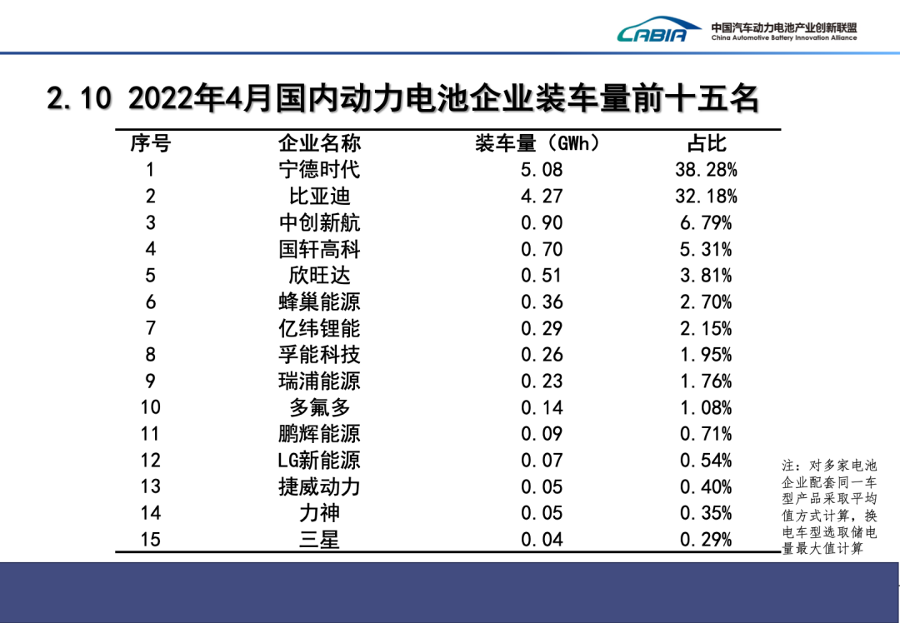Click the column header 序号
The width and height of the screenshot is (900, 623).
tap(150, 143)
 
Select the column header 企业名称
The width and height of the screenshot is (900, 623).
tap(319, 143)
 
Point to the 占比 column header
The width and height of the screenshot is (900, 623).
tap(706, 143)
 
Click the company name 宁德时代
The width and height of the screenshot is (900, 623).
tap(319, 170)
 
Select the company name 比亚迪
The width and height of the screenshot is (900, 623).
tap(319, 197)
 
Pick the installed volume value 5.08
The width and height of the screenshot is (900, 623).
tap(542, 170)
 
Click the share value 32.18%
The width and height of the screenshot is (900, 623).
tap(706, 197)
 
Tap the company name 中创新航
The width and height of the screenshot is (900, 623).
tap(319, 223)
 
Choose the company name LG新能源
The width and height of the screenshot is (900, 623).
tap(319, 461)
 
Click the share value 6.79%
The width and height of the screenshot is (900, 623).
tap(706, 223)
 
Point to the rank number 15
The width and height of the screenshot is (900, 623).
tap(150, 540)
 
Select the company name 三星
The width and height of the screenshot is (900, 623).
tap(319, 540)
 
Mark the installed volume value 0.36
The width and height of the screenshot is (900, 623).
tap(542, 302)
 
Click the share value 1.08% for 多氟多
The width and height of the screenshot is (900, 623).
tap(706, 407)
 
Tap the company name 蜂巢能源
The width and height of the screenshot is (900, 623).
tap(319, 302)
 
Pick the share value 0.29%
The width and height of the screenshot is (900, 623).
tap(706, 540)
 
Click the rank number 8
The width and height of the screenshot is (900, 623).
tap(150, 355)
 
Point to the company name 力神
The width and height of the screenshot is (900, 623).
tap(319, 513)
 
